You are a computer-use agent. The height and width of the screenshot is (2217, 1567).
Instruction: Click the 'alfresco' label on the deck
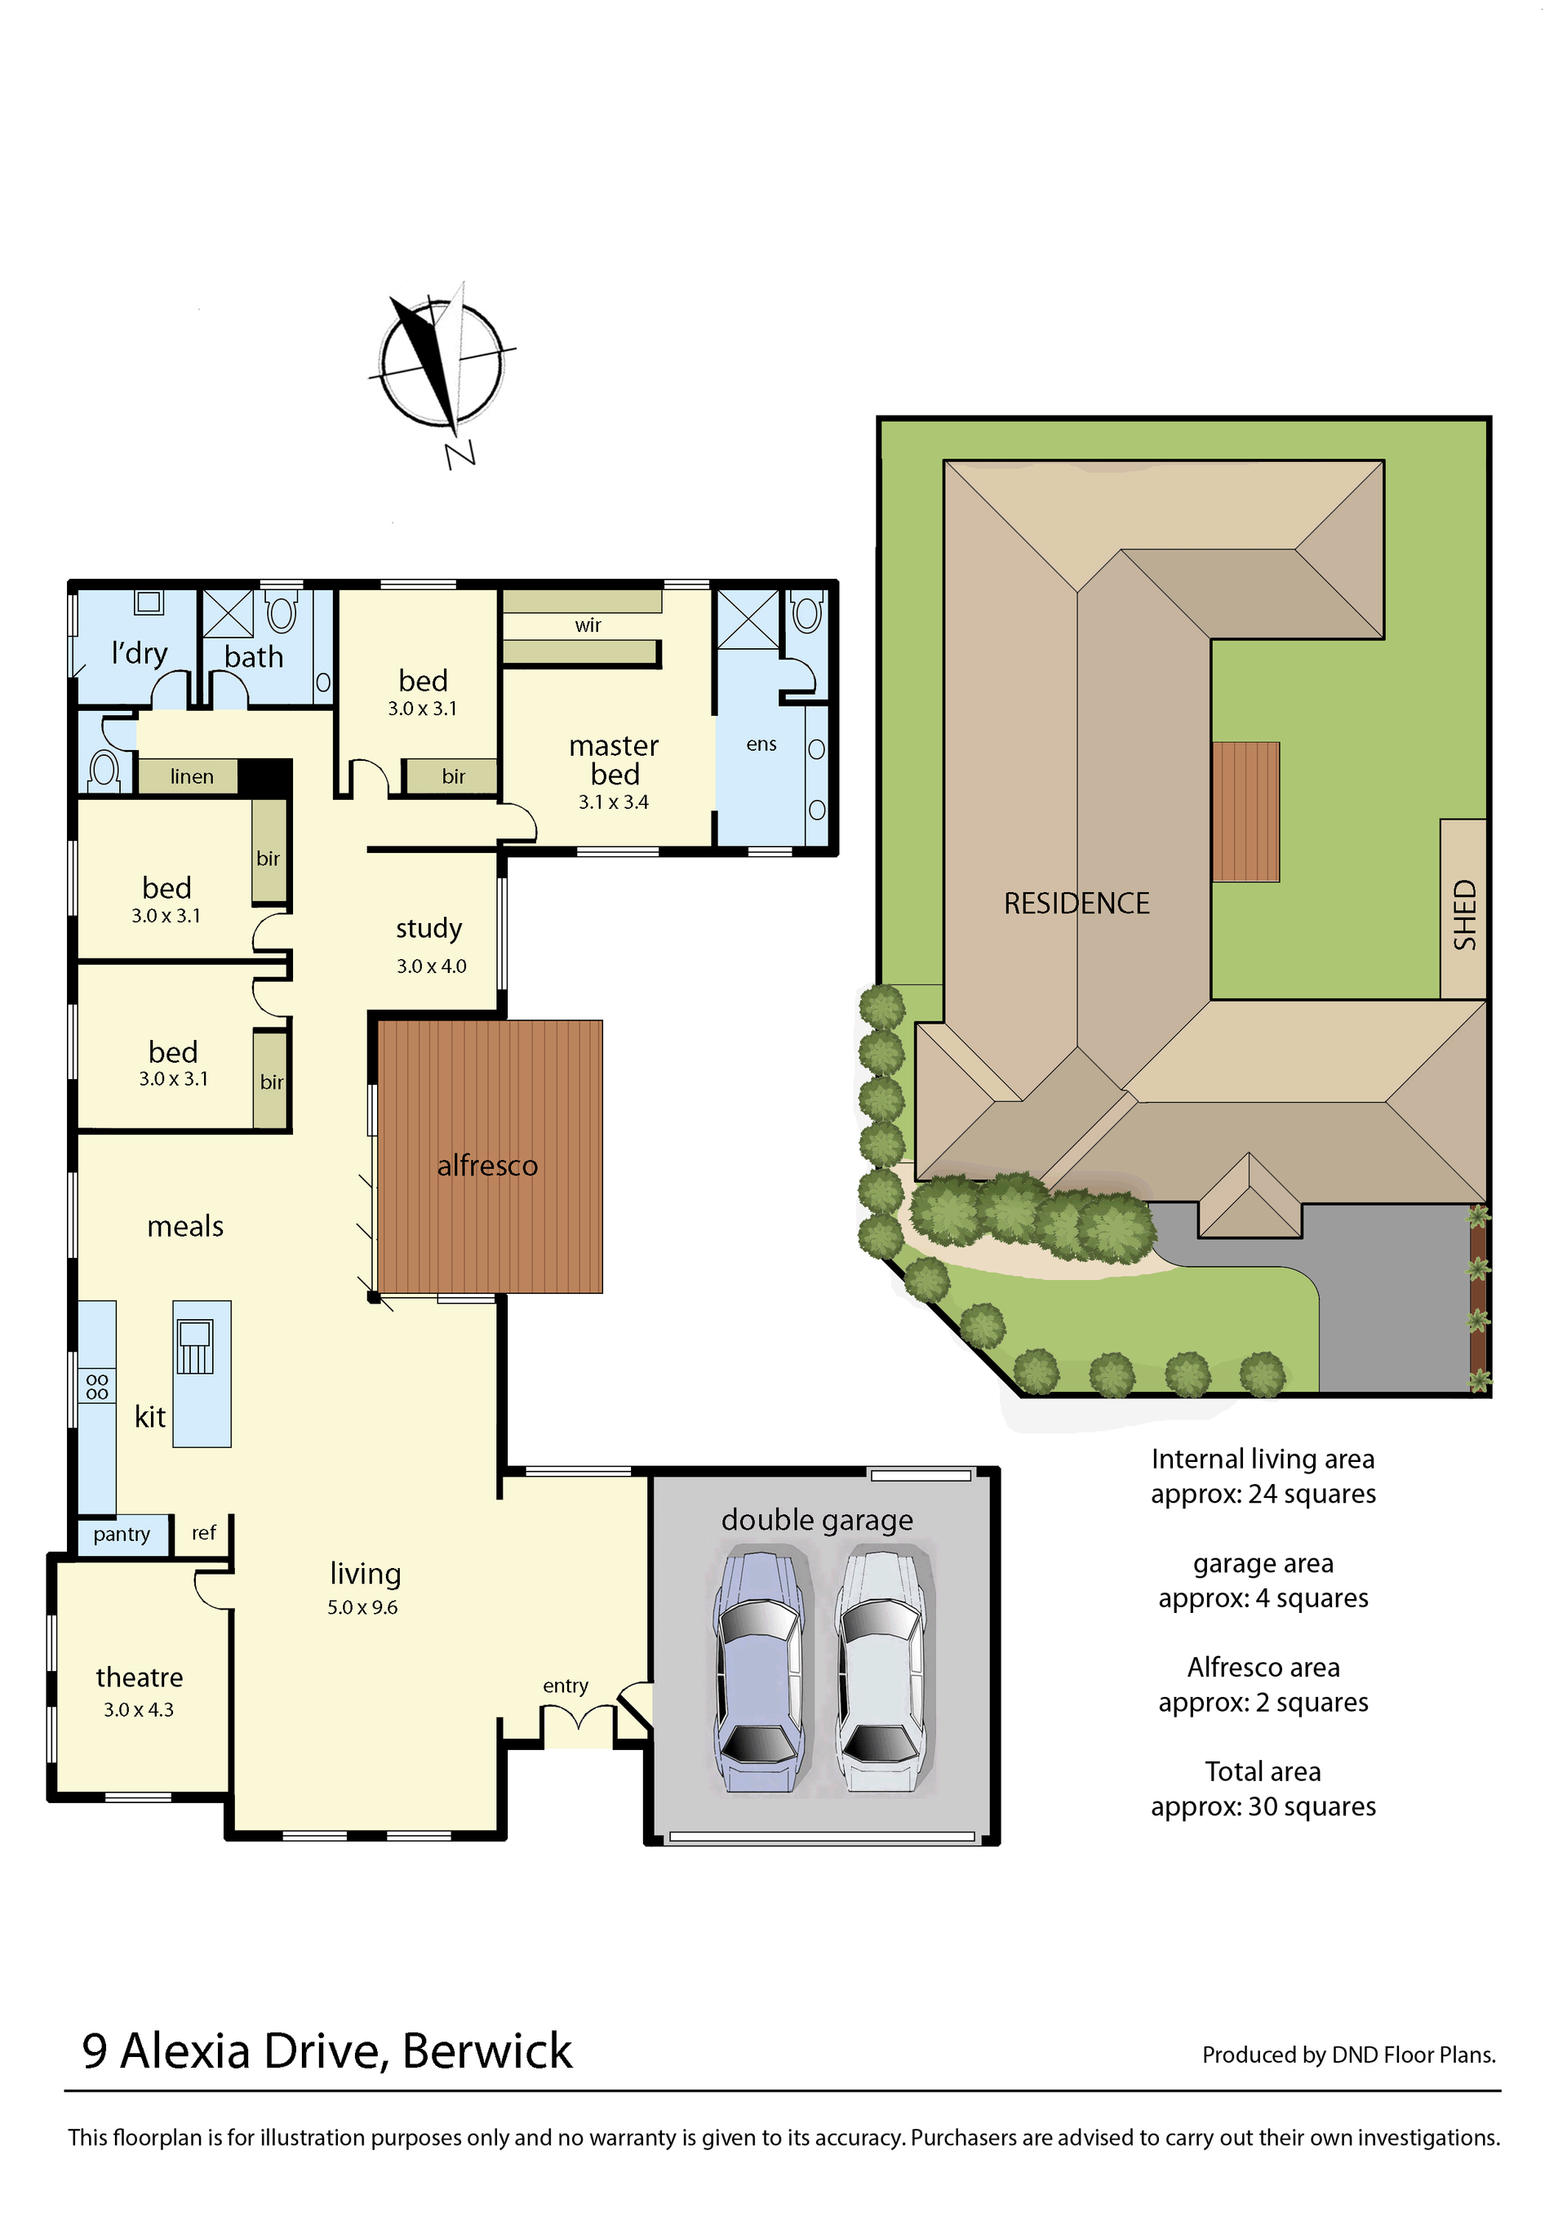click(486, 1166)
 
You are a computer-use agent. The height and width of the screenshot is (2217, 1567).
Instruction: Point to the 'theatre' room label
click(139, 1677)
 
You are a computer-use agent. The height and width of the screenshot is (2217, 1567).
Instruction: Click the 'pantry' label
click(122, 1535)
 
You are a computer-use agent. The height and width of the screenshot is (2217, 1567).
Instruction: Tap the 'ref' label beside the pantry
click(204, 1532)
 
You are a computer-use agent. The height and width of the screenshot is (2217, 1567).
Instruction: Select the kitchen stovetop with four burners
click(96, 1387)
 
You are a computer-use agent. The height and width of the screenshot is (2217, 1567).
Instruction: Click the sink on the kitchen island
click(195, 1346)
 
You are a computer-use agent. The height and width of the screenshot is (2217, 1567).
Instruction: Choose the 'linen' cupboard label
click(192, 776)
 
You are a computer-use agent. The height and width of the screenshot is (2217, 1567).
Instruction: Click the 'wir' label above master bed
click(588, 626)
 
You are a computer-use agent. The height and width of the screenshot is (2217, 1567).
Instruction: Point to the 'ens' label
click(761, 744)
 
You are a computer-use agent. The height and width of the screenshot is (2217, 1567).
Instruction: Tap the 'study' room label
click(428, 929)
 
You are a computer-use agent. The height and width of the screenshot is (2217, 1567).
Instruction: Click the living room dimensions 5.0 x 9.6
click(362, 1608)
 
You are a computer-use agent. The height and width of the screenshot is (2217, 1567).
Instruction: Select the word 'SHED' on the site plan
click(1465, 914)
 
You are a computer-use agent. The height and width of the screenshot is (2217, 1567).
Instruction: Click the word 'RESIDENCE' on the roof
click(1076, 903)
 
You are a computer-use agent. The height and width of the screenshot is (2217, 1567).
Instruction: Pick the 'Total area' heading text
click(1263, 1772)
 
